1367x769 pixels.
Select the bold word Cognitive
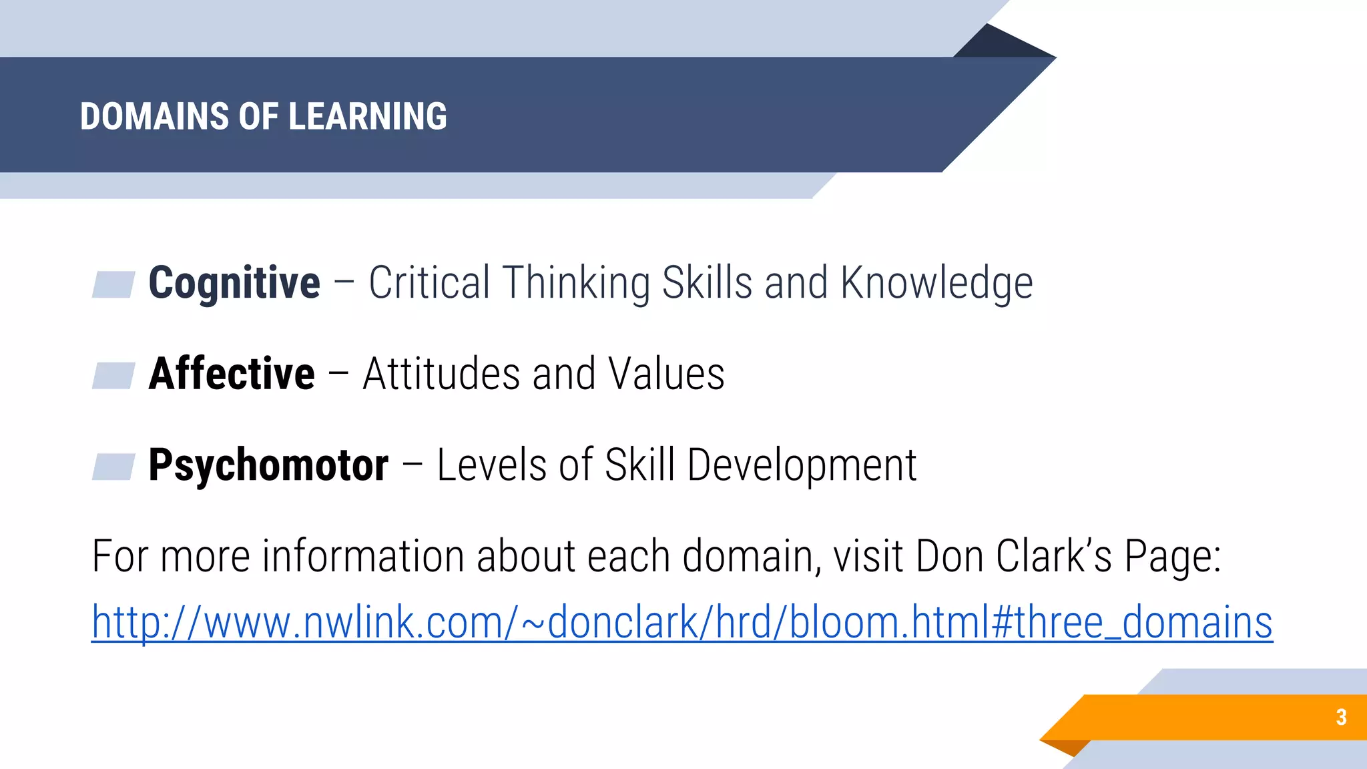click(x=234, y=282)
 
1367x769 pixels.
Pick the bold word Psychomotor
click(x=268, y=465)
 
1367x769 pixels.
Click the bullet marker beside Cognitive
click(x=113, y=284)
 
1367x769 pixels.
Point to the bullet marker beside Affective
click(x=113, y=375)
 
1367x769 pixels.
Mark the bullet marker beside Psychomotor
click(x=113, y=467)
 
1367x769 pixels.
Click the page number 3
click(x=1341, y=717)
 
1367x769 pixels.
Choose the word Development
click(x=802, y=465)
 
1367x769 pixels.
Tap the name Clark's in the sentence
click(x=1054, y=556)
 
